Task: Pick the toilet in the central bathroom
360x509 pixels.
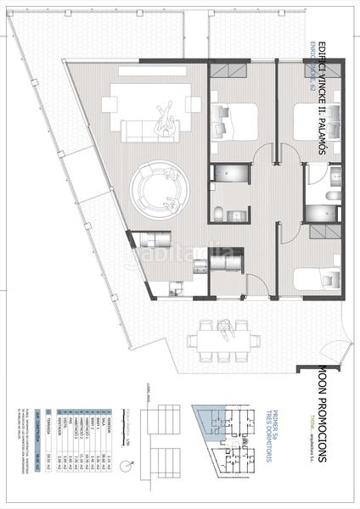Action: (218, 211)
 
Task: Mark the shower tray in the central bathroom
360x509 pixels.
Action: (230, 174)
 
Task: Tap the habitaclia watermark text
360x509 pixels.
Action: (180, 254)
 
